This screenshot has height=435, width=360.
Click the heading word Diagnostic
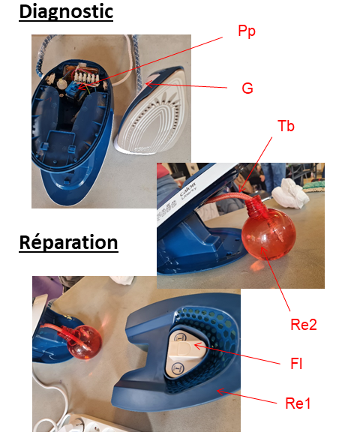click(66, 12)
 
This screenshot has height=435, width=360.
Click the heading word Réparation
click(69, 243)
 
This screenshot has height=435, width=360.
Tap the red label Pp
click(247, 31)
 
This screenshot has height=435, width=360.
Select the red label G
click(247, 88)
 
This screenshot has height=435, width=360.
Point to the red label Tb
click(286, 126)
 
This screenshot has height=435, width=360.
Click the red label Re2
click(304, 324)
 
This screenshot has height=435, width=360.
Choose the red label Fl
click(296, 364)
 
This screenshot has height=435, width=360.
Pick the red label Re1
click(298, 403)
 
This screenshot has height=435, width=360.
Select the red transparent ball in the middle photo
click(268, 234)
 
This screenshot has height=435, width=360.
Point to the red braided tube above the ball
click(227, 198)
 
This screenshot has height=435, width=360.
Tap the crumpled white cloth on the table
click(290, 193)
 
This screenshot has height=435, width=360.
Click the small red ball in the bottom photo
click(84, 343)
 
